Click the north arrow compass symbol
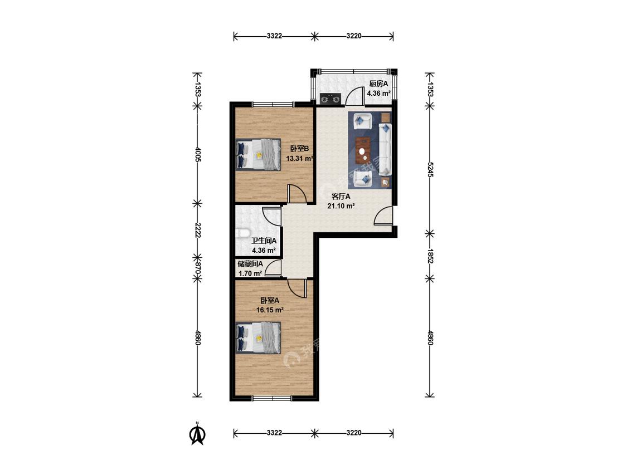(x=197, y=434)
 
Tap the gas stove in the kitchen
(x=330, y=98)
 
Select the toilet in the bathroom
(x=243, y=233)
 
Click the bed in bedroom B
(x=258, y=154)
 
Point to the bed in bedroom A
(x=258, y=337)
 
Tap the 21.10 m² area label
(x=341, y=206)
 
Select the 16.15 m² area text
(x=270, y=310)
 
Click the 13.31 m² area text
(x=299, y=158)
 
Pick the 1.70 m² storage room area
(x=250, y=273)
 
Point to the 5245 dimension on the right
(x=430, y=169)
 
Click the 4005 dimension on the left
(x=197, y=154)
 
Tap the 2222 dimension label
(x=197, y=229)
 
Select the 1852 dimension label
(x=430, y=256)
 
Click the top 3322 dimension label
(x=274, y=36)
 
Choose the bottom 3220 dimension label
(x=354, y=433)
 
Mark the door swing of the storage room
(x=274, y=268)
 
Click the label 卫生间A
(x=264, y=241)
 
